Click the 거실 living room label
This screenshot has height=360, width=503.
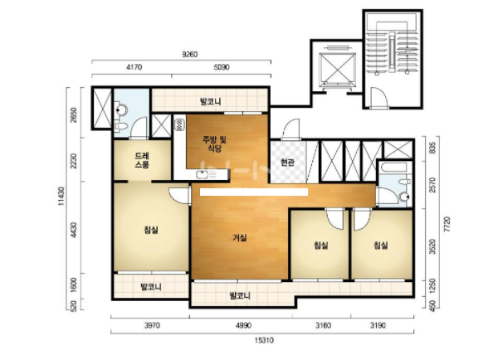coord(240,238)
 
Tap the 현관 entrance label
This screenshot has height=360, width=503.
coord(287,163)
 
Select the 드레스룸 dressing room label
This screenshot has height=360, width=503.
coord(142,160)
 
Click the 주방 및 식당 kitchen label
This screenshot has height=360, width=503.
coord(214,144)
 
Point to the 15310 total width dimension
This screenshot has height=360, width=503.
coord(264,340)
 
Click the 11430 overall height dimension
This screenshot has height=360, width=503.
coord(61,197)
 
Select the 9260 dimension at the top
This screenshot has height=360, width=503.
coord(189,54)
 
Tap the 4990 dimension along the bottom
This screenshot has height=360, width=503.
coord(243,326)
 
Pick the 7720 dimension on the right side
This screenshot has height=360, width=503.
coord(448,225)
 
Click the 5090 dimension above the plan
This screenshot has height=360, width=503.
coord(222,67)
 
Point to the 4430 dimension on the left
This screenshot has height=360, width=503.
coord(74,230)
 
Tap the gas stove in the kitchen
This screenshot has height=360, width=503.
coord(179,124)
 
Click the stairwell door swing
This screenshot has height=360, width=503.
coord(379,97)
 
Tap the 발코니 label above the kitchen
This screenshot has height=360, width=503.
coord(211,102)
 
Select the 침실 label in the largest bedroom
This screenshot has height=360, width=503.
coord(151,230)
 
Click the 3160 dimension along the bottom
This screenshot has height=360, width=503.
coord(323,326)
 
